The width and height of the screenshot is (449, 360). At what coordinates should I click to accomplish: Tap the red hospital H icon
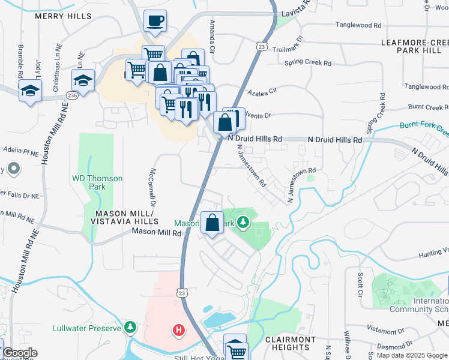pos(178,329)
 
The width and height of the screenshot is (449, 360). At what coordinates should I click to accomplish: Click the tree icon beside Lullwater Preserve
pos(130,327)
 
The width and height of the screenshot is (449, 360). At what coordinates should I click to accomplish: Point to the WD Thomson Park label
pos(97,182)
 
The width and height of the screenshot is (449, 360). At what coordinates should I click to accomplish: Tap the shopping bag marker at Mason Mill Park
pos(212,223)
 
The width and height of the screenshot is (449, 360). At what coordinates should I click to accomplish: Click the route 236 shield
pos(73,95)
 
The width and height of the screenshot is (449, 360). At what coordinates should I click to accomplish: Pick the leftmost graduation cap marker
pos(29,91)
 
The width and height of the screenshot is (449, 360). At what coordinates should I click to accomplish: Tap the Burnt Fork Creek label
pos(424,127)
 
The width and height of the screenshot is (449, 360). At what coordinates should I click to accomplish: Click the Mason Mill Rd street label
pos(156,232)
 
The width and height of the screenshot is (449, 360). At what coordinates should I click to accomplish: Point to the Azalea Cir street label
pos(262,91)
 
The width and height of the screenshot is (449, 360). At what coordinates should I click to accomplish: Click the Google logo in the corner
pos(20,353)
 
